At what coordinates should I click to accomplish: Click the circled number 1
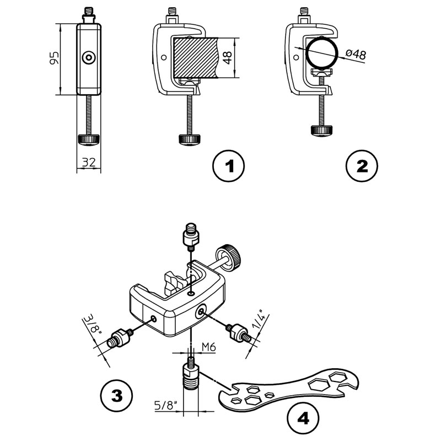point(229,165)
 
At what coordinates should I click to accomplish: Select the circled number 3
point(116,395)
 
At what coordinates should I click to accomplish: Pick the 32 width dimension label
point(88,162)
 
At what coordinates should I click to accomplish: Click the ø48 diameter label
point(354,55)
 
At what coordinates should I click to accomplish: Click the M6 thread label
point(208,346)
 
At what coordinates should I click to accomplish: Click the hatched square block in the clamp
point(193,58)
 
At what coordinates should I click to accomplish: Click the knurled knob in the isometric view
point(233,258)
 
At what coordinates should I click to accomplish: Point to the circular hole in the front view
point(88,57)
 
